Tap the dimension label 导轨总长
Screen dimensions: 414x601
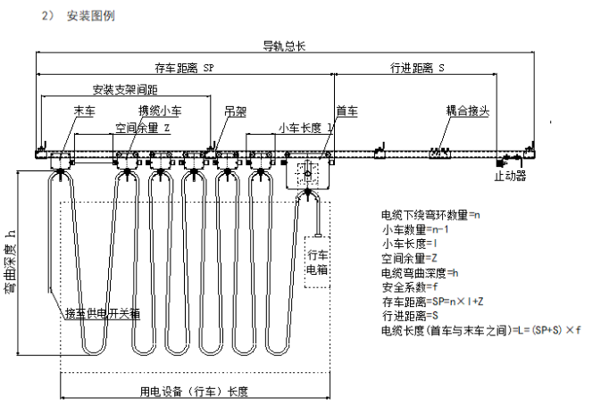tap(282, 46)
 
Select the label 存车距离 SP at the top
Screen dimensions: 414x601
tap(184, 68)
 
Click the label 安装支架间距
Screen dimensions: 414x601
tap(125, 90)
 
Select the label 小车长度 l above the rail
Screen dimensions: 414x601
tap(306, 128)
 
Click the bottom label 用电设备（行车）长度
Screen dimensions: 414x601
tap(194, 392)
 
